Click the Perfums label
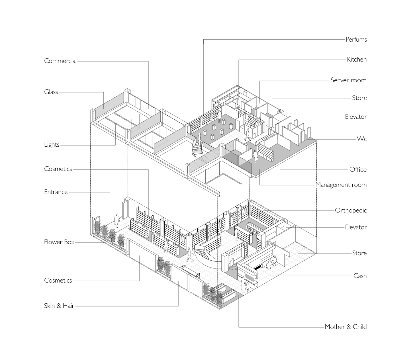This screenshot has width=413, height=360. pos(356,40)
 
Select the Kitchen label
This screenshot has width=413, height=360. pos(357,60)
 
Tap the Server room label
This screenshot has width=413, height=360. pos(348,80)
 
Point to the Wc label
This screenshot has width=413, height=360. pos(361,139)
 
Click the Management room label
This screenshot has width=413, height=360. pos(341,185)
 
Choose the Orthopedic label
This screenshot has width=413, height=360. pos(351,210)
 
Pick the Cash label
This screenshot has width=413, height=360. pos(360,276)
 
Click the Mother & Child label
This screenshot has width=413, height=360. pos(345,327)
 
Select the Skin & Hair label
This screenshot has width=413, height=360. pos(59,306)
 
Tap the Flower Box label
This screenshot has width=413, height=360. pos(59,242)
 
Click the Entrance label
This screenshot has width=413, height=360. pos(56,192)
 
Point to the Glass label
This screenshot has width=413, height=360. pos(51,92)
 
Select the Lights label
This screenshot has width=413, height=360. pos(52,145)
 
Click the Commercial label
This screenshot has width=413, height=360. pos(60,61)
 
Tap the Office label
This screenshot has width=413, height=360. pos(358,170)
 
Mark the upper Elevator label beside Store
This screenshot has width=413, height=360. pos(356,116)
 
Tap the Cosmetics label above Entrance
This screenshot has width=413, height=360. pos(58,169)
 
